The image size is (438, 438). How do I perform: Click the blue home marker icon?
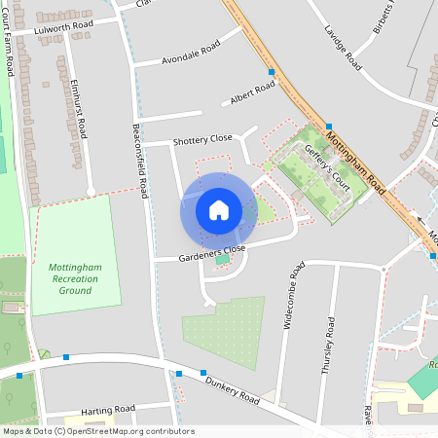(x=219, y=210)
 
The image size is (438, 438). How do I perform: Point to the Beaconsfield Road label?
(x=140, y=162)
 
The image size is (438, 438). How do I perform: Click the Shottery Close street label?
(x=202, y=140)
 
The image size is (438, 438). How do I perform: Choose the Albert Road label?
(x=252, y=93)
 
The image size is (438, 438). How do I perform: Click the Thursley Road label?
(x=329, y=345)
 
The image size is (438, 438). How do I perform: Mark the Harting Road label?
(x=107, y=409)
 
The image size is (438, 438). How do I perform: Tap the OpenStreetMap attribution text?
(x=97, y=431)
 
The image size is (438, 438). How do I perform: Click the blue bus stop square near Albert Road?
(x=272, y=72)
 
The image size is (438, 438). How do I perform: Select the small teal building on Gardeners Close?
(x=223, y=258)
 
